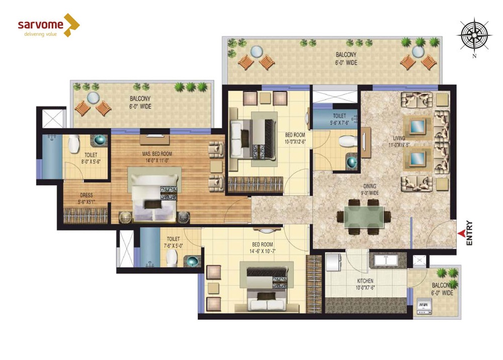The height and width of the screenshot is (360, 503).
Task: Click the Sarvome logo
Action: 48,25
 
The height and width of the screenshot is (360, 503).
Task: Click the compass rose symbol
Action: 474,35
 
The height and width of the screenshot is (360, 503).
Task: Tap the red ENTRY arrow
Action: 462,234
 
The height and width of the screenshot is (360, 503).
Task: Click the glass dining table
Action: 364,217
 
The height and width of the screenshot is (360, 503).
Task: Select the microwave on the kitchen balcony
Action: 424,307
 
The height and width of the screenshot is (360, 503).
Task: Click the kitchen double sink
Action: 386,260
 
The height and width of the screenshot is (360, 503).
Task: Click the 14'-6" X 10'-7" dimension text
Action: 263,251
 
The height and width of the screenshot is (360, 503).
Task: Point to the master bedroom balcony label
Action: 140,102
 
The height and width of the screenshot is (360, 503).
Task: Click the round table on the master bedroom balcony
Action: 93,98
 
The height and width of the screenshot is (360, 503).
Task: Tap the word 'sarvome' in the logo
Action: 41,25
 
